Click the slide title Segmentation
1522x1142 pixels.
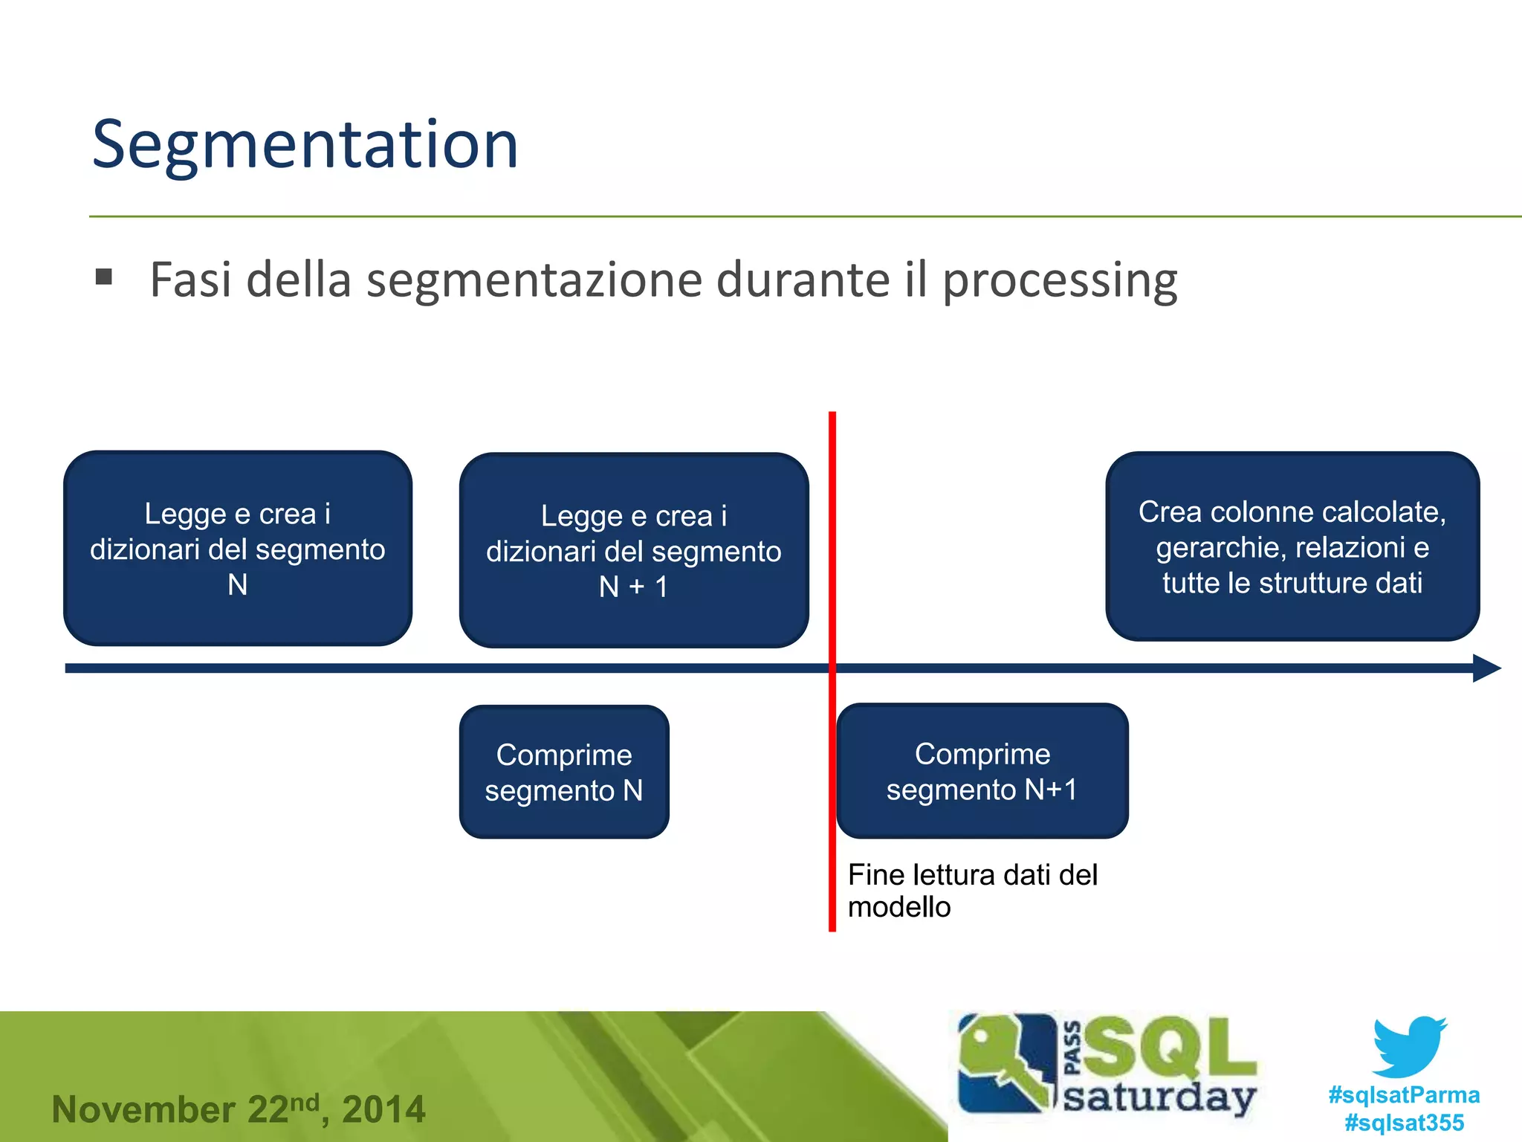tap(305, 145)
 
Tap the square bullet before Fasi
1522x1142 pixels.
tap(104, 278)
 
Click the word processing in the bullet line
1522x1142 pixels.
tap(1060, 281)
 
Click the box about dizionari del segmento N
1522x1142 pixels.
tap(238, 548)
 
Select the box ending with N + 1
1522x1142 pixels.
tap(633, 550)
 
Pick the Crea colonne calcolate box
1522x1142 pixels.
tap(1292, 546)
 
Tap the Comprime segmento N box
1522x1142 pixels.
tap(564, 772)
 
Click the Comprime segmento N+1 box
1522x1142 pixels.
tap(982, 771)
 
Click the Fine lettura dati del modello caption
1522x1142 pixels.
tap(972, 891)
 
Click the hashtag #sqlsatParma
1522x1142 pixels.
tap(1404, 1094)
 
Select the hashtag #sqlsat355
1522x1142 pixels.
tap(1404, 1122)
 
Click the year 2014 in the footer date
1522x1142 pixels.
tap(383, 1109)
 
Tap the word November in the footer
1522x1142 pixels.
tap(143, 1109)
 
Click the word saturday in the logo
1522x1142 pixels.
tap(1159, 1097)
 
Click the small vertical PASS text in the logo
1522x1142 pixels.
tap(1072, 1048)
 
